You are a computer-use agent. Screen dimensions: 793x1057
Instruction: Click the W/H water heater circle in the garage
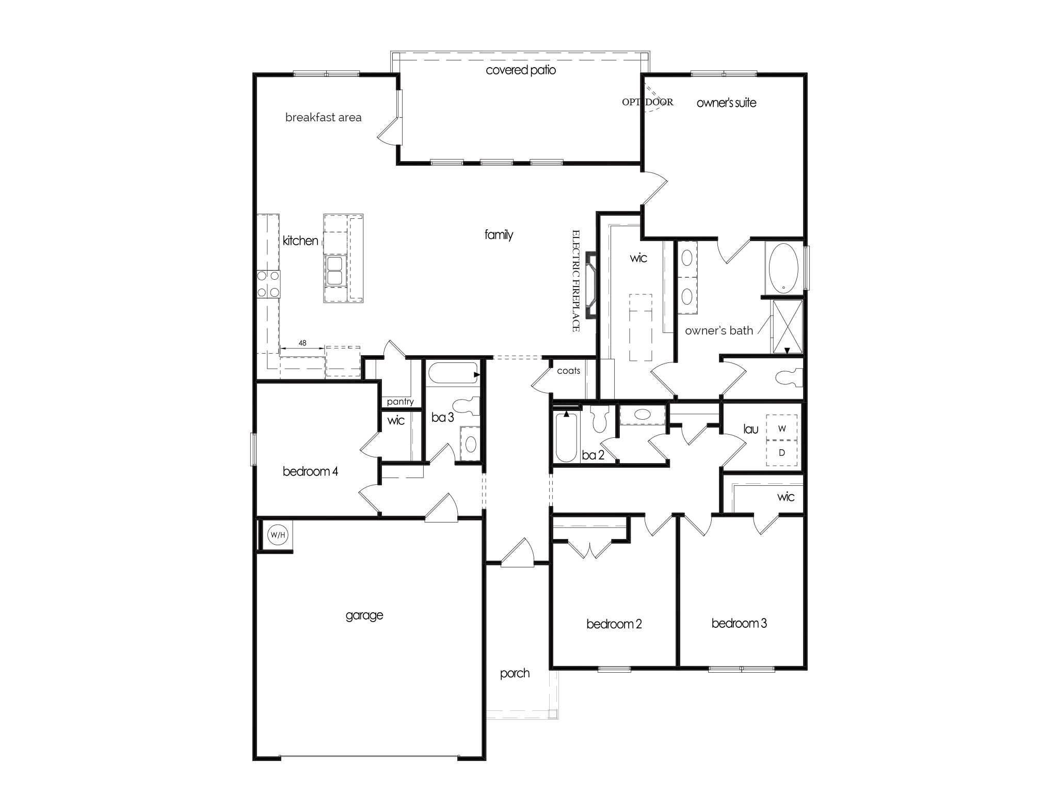point(277,535)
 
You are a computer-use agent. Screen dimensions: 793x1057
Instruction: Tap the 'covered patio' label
point(521,70)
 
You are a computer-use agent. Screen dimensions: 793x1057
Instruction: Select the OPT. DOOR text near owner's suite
point(647,102)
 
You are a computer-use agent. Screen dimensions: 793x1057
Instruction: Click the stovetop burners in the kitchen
point(268,284)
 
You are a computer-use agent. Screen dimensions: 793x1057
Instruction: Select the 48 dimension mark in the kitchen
point(302,343)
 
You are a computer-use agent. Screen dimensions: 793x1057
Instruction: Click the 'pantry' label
point(400,402)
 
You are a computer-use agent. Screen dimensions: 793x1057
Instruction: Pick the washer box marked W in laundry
point(782,428)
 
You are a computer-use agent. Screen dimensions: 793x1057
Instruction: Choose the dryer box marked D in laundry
point(782,453)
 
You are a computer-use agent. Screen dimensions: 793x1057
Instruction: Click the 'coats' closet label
point(568,371)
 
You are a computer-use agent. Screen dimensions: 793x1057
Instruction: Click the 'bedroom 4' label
point(310,471)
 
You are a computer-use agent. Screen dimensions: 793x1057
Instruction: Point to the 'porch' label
point(515,673)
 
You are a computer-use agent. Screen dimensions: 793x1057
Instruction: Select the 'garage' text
point(364,615)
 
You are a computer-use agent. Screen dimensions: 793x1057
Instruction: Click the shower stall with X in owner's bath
point(787,327)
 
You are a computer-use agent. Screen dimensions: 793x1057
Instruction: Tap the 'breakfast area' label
point(323,118)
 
